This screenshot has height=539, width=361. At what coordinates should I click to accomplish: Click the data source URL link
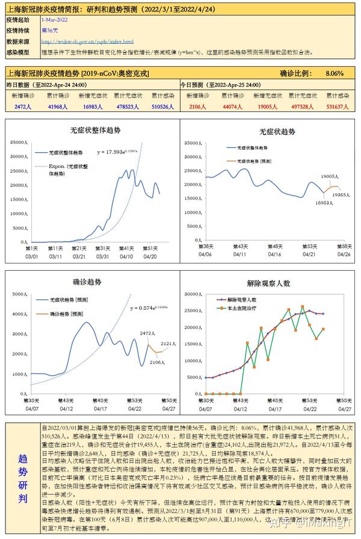point(87,42)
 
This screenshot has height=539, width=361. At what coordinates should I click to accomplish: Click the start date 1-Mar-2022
point(54,20)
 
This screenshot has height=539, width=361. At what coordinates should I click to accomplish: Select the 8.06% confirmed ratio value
point(334,73)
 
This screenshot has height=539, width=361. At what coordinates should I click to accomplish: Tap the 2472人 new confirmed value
point(23,106)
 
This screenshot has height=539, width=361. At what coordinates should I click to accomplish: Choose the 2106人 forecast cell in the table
point(197,106)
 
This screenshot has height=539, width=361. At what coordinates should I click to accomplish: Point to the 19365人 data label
point(341,194)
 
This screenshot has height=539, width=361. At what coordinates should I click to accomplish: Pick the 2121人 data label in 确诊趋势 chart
point(169,343)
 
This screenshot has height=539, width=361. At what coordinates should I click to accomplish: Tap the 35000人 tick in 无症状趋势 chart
point(193,144)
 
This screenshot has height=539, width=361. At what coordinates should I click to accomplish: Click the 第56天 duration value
point(49,29)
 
